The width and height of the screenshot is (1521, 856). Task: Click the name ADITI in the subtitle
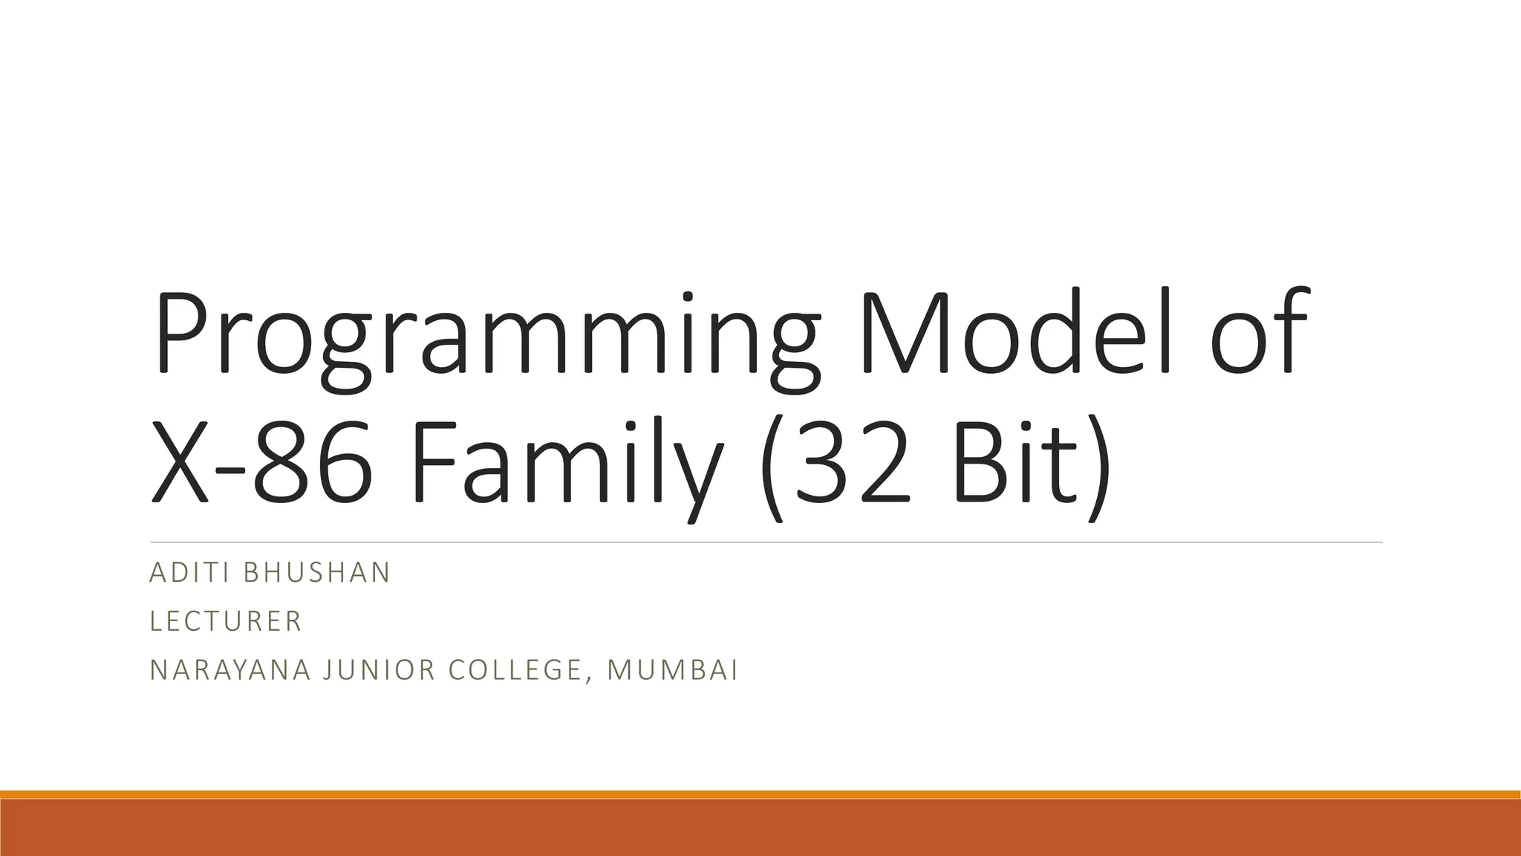pyautogui.click(x=189, y=572)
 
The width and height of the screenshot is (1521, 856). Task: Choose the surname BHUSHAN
pyautogui.click(x=316, y=572)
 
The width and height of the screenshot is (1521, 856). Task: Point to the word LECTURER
pyautogui.click(x=226, y=621)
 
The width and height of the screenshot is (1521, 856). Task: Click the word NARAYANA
pyautogui.click(x=230, y=670)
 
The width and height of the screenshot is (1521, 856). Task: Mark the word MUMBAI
pyautogui.click(x=672, y=670)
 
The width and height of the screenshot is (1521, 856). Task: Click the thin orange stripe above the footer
pyautogui.click(x=760, y=794)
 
